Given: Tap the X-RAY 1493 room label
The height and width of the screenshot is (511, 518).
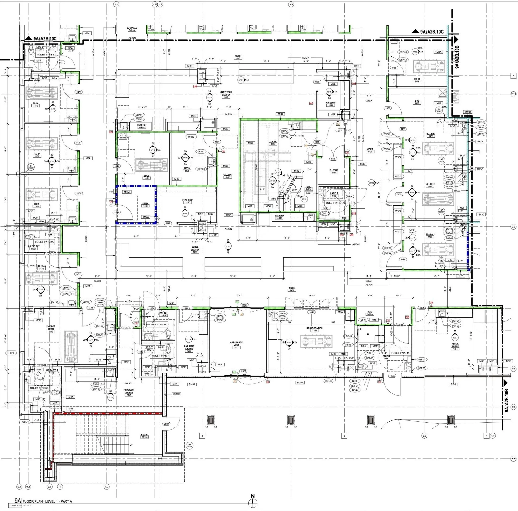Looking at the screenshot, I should coord(273,143).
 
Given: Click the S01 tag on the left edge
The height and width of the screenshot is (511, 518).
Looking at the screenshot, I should coord(11,353).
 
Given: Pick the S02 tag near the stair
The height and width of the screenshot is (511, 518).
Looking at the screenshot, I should coord(25,422).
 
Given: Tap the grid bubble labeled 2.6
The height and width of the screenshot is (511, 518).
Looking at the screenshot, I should coord(291,4).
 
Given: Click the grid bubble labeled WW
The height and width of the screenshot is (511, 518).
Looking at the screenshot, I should coord(513,459).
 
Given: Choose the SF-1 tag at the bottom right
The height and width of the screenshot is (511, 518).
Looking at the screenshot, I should coord(453,384).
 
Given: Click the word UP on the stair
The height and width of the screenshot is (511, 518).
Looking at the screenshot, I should coord(131,445).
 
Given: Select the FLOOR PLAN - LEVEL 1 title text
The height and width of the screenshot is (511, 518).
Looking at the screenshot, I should coord(47,501).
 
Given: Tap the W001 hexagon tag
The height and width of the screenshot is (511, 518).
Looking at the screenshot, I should coord(295,190).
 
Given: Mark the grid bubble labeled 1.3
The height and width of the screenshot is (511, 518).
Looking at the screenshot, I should coord(107,486).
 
